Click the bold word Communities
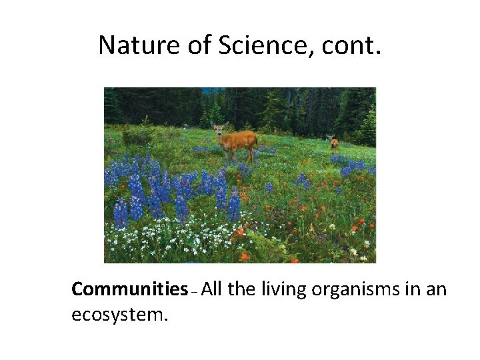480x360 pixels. click(x=129, y=289)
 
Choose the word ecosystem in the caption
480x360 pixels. click(x=119, y=315)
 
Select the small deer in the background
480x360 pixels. click(x=333, y=142)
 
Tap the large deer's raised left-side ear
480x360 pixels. click(x=213, y=124)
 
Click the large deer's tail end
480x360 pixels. click(x=255, y=139)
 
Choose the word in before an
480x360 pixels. click(x=415, y=289)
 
